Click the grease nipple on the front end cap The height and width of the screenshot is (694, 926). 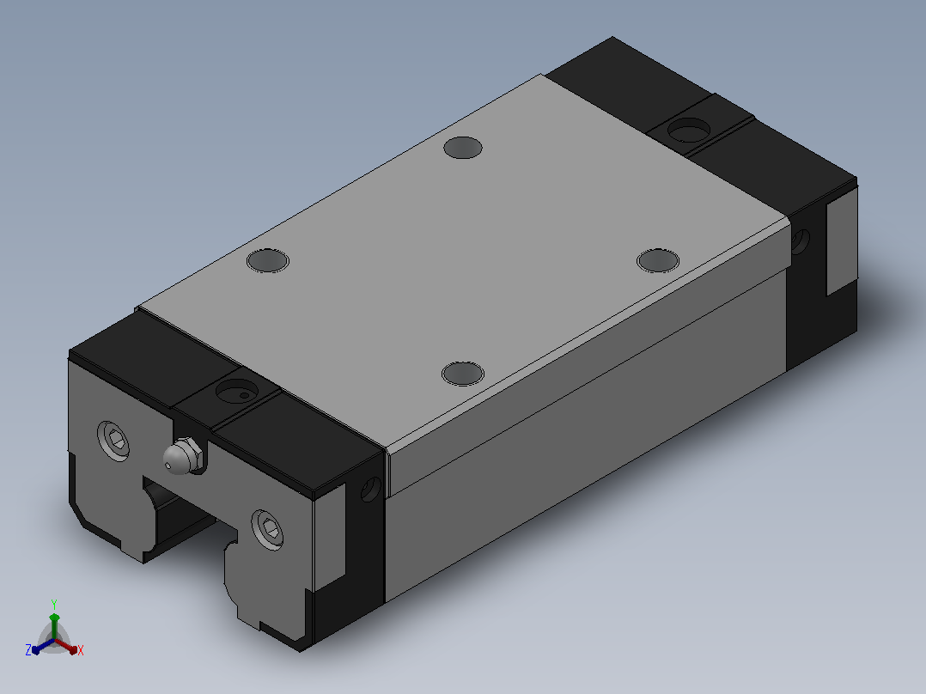click(x=183, y=454)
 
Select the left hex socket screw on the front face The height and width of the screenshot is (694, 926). click(x=113, y=440)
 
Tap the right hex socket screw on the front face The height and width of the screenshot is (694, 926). click(x=267, y=529)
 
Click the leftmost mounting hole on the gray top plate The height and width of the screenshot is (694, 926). click(x=267, y=260)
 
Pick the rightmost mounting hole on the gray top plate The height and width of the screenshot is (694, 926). click(x=658, y=260)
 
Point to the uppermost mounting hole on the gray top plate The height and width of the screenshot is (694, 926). click(x=463, y=148)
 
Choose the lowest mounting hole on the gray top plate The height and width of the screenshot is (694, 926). click(x=463, y=374)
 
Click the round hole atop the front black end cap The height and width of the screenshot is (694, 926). click(x=237, y=391)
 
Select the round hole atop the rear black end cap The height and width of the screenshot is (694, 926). click(x=689, y=130)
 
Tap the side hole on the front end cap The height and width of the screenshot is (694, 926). click(x=371, y=490)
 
